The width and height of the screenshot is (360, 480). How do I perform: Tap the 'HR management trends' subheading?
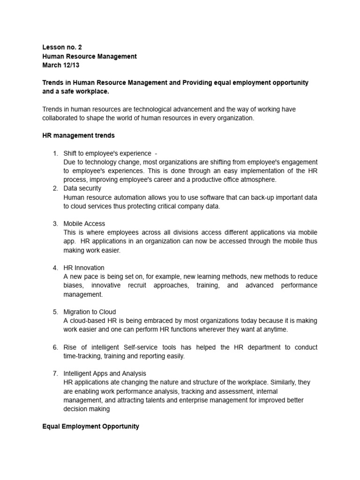click(78, 135)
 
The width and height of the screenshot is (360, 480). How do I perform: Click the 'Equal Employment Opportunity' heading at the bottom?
click(90, 426)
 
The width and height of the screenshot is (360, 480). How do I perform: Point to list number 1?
click(55, 153)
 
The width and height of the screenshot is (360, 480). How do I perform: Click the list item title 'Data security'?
click(82, 188)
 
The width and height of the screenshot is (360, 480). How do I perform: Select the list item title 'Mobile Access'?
click(84, 224)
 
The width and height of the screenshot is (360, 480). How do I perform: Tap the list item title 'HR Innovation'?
click(84, 268)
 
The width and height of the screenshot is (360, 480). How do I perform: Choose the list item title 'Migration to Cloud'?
click(90, 312)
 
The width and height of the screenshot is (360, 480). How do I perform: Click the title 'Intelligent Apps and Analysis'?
click(105, 374)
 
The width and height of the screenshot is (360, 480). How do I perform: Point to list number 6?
click(55, 347)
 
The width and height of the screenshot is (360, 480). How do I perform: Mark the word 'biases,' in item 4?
click(74, 285)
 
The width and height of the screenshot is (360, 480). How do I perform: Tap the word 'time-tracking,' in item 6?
click(82, 356)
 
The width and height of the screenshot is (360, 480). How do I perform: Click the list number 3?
click(55, 224)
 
